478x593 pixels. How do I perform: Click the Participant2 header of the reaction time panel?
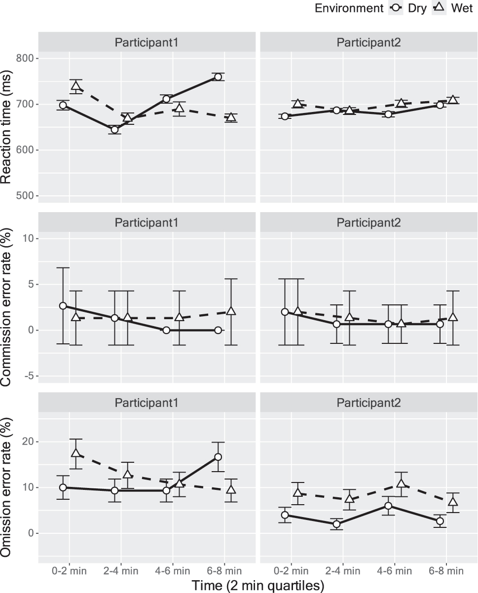[x=368, y=41]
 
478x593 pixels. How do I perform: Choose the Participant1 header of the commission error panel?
[x=147, y=222]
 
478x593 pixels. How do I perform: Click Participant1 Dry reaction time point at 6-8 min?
[x=218, y=77]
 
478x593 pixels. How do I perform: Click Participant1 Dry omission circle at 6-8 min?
[x=218, y=457]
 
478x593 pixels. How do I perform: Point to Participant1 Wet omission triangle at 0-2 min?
[x=76, y=453]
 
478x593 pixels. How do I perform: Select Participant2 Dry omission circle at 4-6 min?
[x=388, y=506]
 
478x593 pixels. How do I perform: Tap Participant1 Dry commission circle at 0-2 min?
[x=63, y=306]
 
